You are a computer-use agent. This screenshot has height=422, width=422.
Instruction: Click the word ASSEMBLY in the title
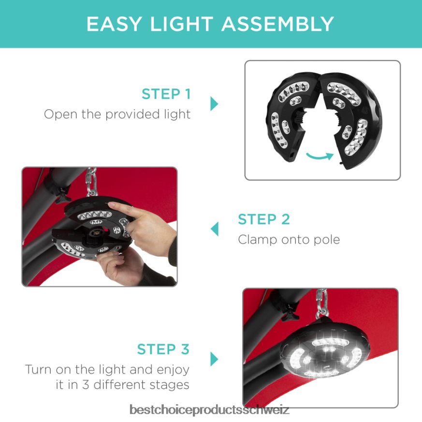click(277, 24)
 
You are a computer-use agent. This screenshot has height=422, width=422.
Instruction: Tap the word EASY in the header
click(114, 24)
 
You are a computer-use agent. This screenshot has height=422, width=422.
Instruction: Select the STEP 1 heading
click(166, 94)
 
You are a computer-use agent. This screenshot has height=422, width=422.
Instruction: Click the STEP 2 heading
click(264, 219)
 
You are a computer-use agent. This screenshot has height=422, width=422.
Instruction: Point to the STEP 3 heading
click(163, 349)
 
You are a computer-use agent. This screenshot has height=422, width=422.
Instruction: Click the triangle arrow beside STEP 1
click(214, 103)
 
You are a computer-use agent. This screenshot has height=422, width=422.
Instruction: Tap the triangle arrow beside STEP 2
click(215, 229)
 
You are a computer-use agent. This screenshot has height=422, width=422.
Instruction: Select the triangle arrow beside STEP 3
click(214, 359)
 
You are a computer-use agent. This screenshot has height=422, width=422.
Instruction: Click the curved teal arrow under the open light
click(320, 156)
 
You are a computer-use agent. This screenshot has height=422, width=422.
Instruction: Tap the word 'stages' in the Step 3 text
click(170, 385)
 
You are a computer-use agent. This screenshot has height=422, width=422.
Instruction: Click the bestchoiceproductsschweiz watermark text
click(209, 409)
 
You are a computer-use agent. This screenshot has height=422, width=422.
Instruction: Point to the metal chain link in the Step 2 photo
click(91, 182)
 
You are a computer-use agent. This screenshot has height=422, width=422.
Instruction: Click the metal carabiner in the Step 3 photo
click(322, 303)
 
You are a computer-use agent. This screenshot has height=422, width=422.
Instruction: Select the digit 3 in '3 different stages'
click(86, 385)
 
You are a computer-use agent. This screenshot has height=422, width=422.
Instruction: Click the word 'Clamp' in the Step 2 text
click(258, 240)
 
